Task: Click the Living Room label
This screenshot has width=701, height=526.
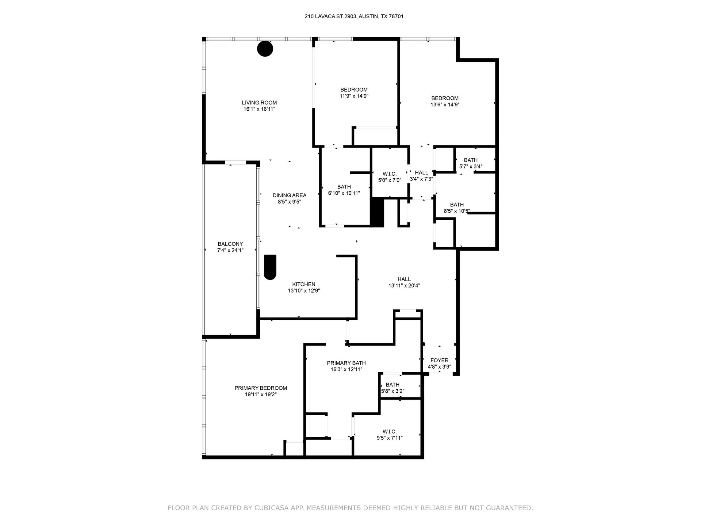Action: (x=259, y=103)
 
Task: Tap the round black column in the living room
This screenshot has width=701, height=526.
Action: (x=265, y=49)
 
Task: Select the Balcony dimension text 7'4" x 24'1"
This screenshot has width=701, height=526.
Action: (x=230, y=251)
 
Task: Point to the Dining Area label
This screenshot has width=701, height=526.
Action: (x=290, y=195)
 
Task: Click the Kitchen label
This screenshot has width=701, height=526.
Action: (x=304, y=284)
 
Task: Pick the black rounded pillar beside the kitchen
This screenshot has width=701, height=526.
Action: (x=270, y=267)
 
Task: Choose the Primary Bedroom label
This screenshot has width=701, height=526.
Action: (x=261, y=388)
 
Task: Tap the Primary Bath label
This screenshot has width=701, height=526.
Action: (x=346, y=363)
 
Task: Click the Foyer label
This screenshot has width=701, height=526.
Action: (x=440, y=361)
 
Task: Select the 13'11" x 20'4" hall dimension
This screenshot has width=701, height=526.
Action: (x=404, y=286)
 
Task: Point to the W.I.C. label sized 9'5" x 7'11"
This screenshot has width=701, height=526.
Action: (x=390, y=432)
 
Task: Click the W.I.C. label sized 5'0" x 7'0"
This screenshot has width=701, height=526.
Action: (x=390, y=174)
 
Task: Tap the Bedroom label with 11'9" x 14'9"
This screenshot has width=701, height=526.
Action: (x=354, y=90)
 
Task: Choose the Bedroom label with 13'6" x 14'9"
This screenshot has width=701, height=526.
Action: (x=445, y=98)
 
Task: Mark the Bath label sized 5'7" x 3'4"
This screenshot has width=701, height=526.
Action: (x=471, y=160)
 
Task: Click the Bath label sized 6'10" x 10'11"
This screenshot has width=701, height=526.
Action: (x=344, y=187)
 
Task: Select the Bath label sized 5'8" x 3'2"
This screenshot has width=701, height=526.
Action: (x=392, y=385)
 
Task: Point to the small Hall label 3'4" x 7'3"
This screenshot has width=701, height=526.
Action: (x=421, y=173)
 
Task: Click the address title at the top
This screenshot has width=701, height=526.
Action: (x=354, y=16)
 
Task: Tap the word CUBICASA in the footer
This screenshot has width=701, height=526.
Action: (x=284, y=508)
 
